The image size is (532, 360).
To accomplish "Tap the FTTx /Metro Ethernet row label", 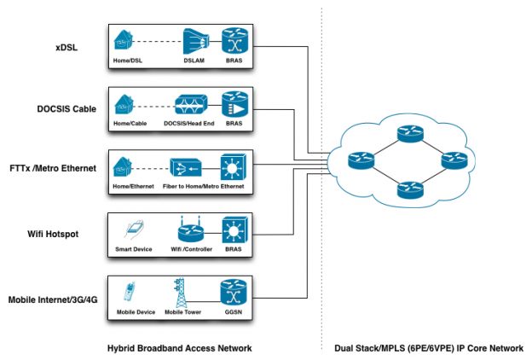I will (50, 167).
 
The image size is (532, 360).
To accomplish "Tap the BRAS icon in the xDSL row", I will (233, 41).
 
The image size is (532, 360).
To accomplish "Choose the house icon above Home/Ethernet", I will (124, 167).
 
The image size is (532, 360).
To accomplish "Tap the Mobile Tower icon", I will (180, 292).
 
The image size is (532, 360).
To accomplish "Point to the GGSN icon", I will (233, 292).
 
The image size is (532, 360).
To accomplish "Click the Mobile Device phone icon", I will (129, 293).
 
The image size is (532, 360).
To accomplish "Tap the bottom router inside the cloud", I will (409, 189).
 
